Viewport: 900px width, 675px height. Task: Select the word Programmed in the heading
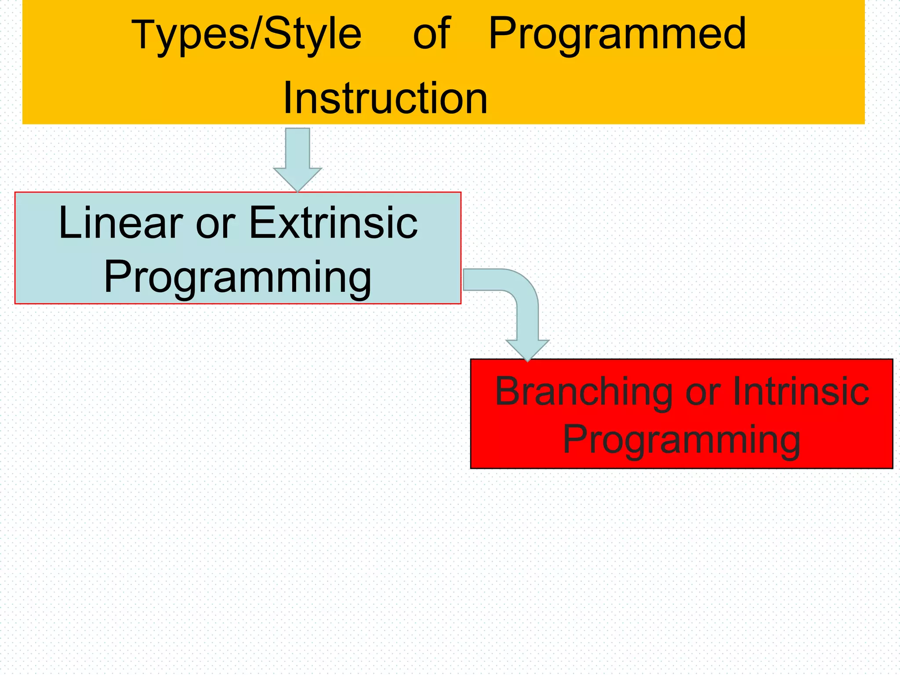[617, 35]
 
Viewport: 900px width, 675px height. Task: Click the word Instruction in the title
[385, 98]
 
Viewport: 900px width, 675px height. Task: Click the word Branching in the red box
[584, 392]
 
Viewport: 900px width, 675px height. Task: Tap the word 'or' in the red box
[703, 392]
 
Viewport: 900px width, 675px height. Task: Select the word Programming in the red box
[682, 440]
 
